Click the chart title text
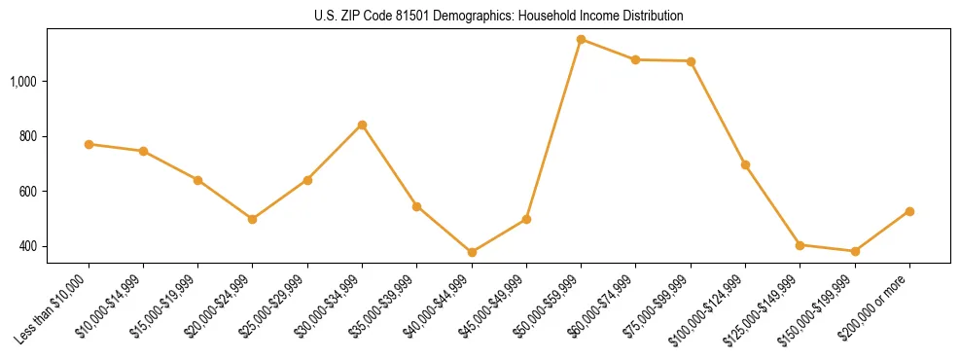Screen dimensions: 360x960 499,16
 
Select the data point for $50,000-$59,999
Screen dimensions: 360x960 581,40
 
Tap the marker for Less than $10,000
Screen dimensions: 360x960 89,144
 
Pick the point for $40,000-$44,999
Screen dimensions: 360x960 472,252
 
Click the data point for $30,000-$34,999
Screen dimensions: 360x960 362,125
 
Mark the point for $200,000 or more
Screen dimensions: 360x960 909,211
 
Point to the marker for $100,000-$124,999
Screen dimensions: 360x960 745,164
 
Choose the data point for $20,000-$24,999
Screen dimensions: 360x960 253,219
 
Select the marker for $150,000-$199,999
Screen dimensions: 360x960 855,251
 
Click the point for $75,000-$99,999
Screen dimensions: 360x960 691,61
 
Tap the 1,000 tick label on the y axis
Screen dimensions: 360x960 23,81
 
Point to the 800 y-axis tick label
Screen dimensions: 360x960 28,136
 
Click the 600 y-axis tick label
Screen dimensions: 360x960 28,192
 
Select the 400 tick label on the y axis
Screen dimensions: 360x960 28,246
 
